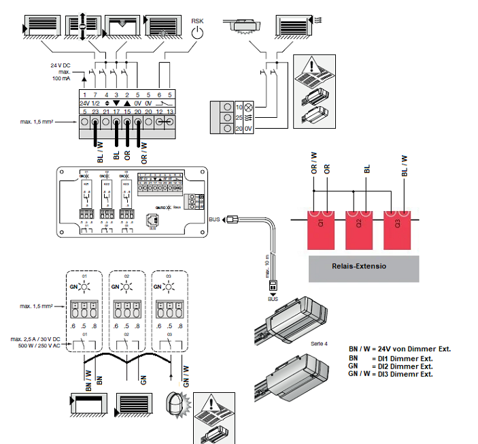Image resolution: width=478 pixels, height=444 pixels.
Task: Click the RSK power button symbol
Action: [x=197, y=31]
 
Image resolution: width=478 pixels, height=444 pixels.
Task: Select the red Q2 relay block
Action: [x=358, y=229]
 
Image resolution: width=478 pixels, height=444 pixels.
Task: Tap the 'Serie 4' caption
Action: [x=318, y=344]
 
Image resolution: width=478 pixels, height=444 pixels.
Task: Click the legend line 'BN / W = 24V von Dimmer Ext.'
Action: [x=399, y=349]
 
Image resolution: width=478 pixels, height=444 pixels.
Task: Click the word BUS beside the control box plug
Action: [x=215, y=220]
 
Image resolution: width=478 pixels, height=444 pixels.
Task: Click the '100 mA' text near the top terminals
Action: [x=62, y=79]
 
